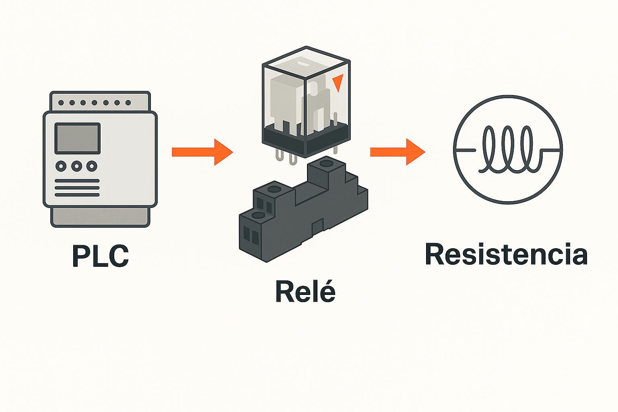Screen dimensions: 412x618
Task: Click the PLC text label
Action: pyautogui.click(x=100, y=256)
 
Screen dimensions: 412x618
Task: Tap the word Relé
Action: pyautogui.click(x=305, y=291)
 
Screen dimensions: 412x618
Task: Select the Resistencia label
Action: pyautogui.click(x=506, y=254)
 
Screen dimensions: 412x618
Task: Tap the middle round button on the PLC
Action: pyautogui.click(x=76, y=166)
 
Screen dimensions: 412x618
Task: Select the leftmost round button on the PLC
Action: pyautogui.click(x=61, y=166)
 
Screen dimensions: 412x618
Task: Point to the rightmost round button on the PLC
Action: pyautogui.click(x=92, y=166)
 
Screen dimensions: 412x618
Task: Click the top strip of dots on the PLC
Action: pyautogui.click(x=95, y=103)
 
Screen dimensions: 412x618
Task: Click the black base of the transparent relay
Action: pyautogui.click(x=306, y=139)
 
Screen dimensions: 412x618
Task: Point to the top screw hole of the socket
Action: pyautogui.click(x=326, y=163)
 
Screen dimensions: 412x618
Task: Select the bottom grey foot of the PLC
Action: pyautogui.click(x=100, y=217)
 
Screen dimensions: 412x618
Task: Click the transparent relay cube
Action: pyautogui.click(x=306, y=97)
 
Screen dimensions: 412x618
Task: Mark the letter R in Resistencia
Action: pyautogui.click(x=435, y=254)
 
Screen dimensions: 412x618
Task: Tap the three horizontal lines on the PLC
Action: pyautogui.click(x=77, y=188)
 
